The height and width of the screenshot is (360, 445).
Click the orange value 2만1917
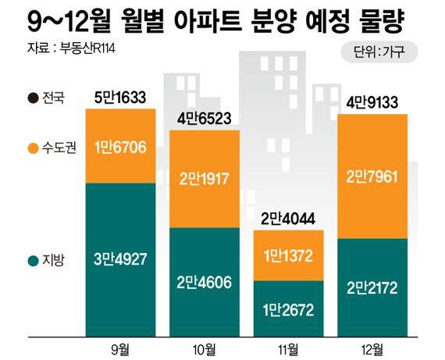pyautogui.click(x=205, y=178)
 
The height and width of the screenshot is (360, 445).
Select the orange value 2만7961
pyautogui.click(x=373, y=177)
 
